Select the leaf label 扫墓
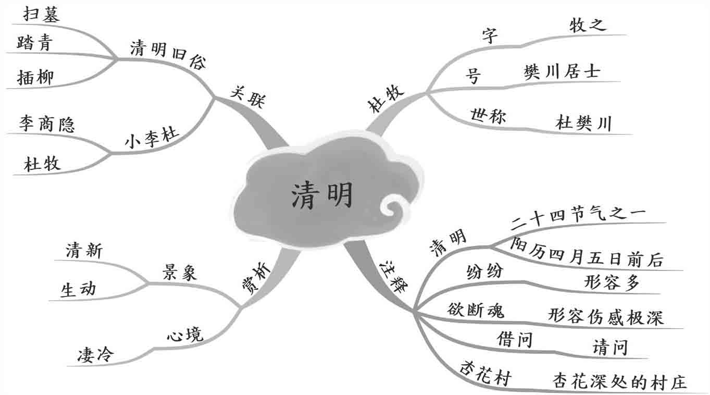pyautogui.click(x=42, y=14)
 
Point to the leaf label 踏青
pyautogui.click(x=34, y=43)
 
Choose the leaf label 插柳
pyautogui.click(x=35, y=78)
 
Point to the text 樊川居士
pyautogui.click(x=562, y=71)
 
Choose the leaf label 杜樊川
pyautogui.click(x=583, y=124)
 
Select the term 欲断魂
pyautogui.click(x=476, y=310)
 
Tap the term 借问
pyautogui.click(x=515, y=340)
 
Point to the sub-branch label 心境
pyautogui.click(x=184, y=334)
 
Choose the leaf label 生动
pyautogui.click(x=78, y=289)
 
